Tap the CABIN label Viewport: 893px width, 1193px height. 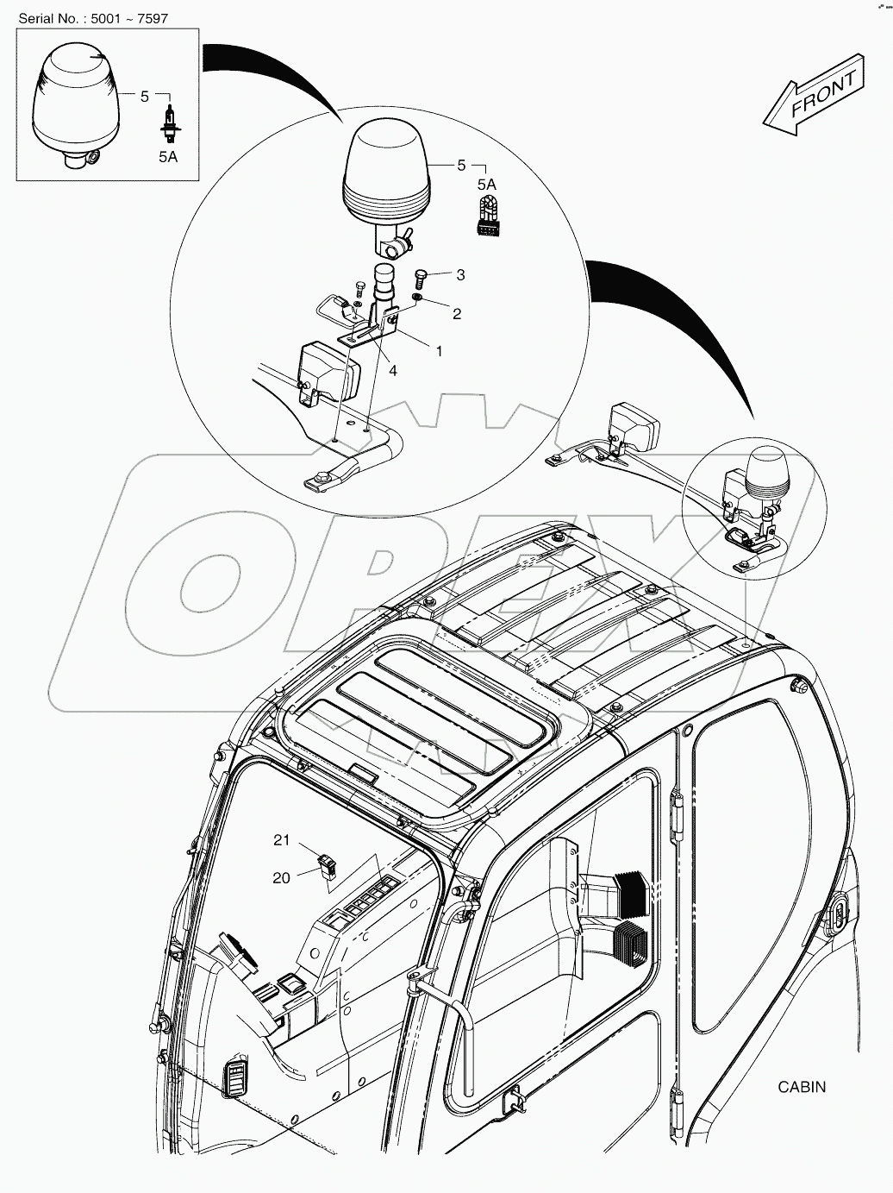point(801,1087)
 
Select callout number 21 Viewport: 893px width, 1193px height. point(283,840)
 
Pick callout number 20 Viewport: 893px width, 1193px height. point(281,878)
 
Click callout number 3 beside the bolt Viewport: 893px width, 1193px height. point(460,275)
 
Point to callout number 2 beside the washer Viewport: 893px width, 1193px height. point(456,314)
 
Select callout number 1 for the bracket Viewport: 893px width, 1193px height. point(438,351)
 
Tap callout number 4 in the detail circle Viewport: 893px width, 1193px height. point(392,371)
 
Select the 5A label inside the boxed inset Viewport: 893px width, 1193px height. point(167,157)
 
